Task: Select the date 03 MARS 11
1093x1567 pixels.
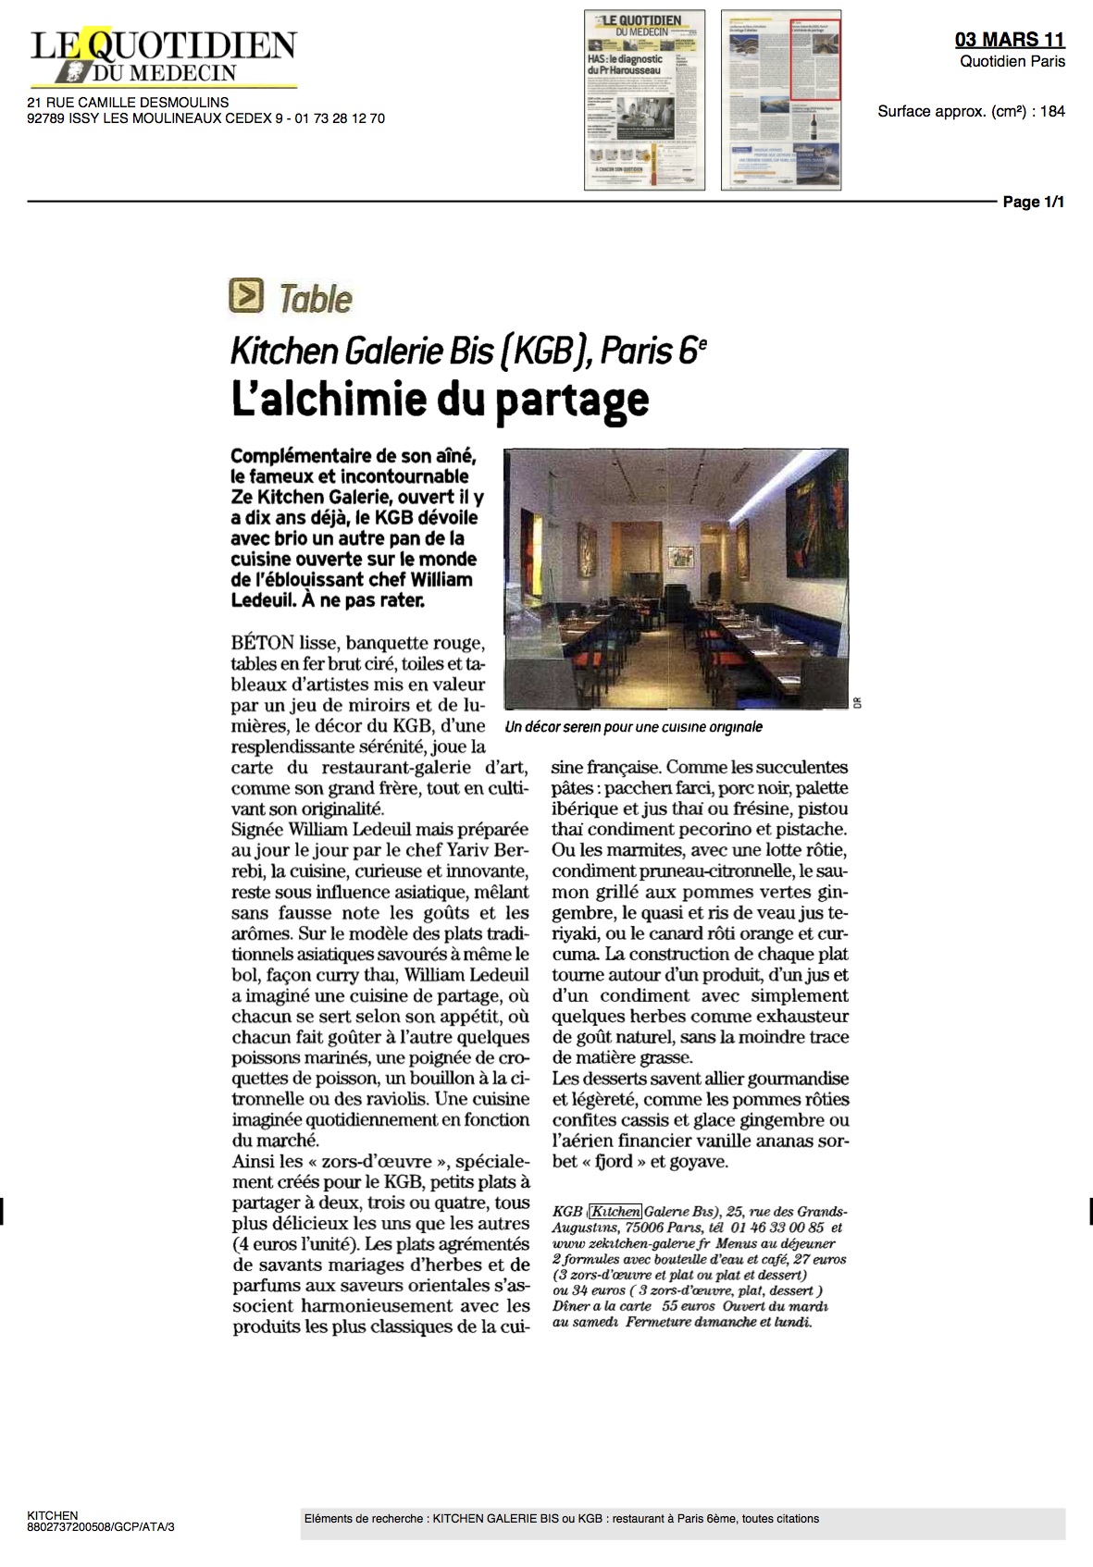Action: (x=1010, y=39)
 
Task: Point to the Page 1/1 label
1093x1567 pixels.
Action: (x=1033, y=202)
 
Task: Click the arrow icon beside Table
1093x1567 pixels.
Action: (x=246, y=296)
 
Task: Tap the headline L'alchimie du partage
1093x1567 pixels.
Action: (x=439, y=400)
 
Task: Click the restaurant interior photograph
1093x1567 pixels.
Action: (x=676, y=578)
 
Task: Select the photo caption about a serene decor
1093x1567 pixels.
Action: (x=634, y=727)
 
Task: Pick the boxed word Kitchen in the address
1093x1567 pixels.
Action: (x=615, y=1212)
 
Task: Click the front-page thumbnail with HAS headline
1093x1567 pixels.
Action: (x=644, y=100)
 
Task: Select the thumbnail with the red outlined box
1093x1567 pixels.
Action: (x=781, y=100)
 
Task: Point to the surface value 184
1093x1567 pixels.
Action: (x=1052, y=112)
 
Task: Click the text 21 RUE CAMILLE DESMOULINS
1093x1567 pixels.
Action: (x=128, y=103)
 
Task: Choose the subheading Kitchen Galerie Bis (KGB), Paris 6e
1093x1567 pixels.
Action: (x=468, y=352)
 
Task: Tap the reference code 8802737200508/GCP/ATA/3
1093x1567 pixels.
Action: (x=101, y=1527)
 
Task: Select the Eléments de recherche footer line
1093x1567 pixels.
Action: (x=561, y=1519)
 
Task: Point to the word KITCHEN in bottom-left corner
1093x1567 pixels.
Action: (x=53, y=1516)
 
